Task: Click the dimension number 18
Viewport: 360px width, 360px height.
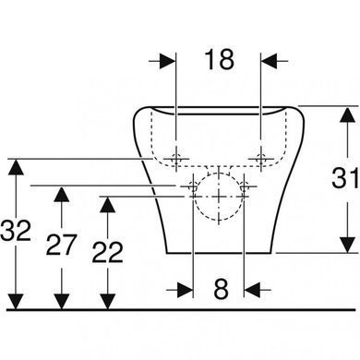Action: [220, 59]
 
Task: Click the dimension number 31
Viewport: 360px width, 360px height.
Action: [345, 178]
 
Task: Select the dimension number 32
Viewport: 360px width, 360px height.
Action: [16, 230]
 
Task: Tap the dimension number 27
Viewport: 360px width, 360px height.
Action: [61, 245]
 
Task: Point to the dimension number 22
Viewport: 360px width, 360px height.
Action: [108, 252]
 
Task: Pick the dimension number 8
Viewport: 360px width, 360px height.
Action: [221, 289]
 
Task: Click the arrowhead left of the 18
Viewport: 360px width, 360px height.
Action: [168, 61]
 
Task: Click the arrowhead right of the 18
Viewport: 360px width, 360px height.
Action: [270, 61]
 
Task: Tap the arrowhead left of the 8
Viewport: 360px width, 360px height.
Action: [186, 290]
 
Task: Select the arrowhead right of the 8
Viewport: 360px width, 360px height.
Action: [252, 290]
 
